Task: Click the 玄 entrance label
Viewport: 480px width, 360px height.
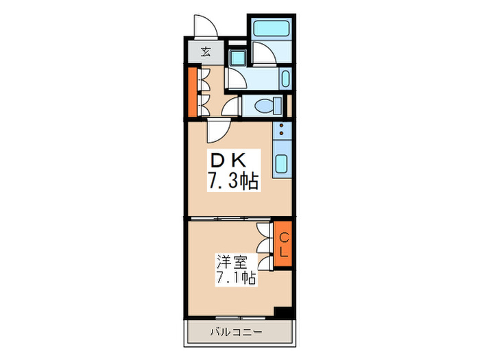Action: [205, 51]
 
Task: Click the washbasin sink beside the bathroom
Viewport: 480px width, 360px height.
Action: [286, 78]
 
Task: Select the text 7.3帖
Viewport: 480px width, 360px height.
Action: [233, 182]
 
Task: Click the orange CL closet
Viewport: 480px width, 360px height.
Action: [283, 244]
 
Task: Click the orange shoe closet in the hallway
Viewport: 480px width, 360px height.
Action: [193, 91]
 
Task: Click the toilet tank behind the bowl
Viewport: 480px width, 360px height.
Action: [278, 106]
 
